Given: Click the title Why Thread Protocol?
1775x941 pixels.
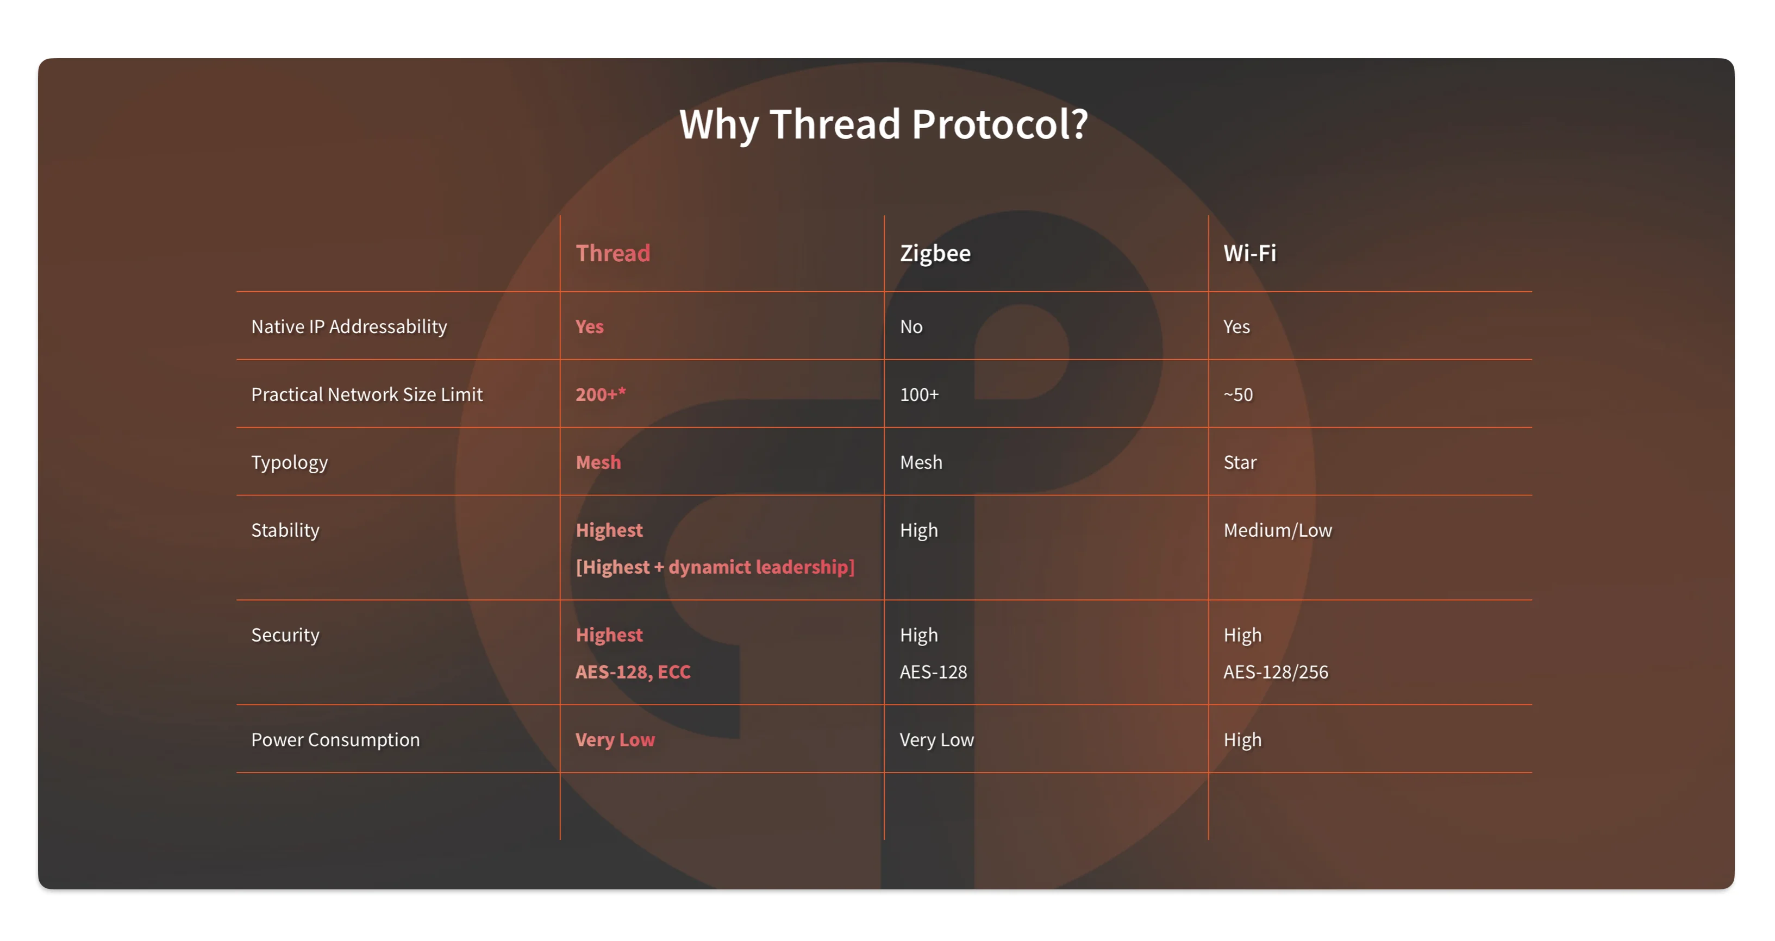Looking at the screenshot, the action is (x=883, y=124).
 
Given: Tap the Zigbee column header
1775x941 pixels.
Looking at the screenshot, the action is (x=935, y=254).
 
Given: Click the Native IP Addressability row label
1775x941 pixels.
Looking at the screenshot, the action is (x=349, y=327).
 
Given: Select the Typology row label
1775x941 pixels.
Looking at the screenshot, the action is (x=289, y=462).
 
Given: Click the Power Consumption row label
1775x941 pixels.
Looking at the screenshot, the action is (x=335, y=740).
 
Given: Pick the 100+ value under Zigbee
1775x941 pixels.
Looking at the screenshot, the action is (x=919, y=395).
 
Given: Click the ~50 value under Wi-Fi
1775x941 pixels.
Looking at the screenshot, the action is (x=1237, y=395).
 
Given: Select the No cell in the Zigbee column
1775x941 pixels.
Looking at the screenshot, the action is (x=911, y=327).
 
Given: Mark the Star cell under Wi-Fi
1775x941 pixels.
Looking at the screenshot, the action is (x=1240, y=462).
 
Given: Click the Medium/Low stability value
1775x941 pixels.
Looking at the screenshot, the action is (x=1278, y=530).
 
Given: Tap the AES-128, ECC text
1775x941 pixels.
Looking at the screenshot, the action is (x=633, y=672).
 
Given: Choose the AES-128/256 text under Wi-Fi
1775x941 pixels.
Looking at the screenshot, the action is (x=1276, y=672).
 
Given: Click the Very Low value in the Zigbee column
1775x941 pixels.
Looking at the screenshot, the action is (x=936, y=740).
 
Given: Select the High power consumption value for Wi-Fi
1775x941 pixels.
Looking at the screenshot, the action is (x=1242, y=740).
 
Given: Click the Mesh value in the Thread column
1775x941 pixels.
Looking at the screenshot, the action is (x=598, y=462).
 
